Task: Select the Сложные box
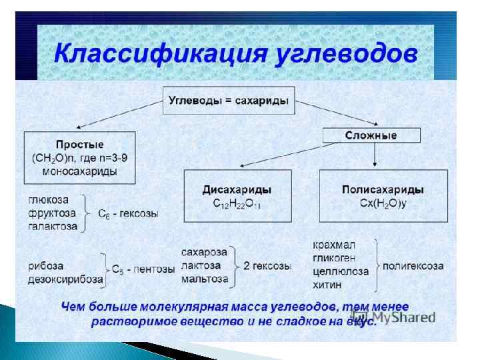[371, 135]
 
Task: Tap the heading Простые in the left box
[80, 145]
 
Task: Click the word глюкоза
[49, 200]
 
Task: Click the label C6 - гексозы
[128, 215]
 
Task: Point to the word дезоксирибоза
[65, 279]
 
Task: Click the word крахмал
[335, 246]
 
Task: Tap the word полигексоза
[413, 265]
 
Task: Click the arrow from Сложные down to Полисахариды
[376, 155]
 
